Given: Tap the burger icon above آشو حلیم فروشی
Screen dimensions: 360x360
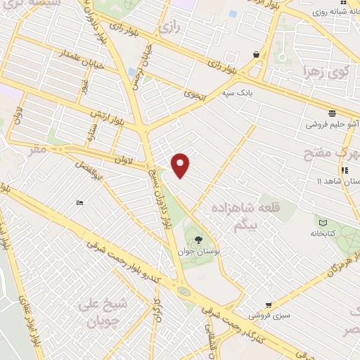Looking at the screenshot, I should click(x=331, y=112).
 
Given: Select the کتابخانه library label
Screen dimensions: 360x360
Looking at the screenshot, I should click(x=323, y=233).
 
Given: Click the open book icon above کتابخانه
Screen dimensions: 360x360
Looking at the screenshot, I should click(x=323, y=222).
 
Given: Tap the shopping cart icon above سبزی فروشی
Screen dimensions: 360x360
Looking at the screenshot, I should click(x=269, y=305).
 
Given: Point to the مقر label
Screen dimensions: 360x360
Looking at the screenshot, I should click(x=38, y=149).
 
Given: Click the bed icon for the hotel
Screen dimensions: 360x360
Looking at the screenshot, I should click(x=80, y=203).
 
